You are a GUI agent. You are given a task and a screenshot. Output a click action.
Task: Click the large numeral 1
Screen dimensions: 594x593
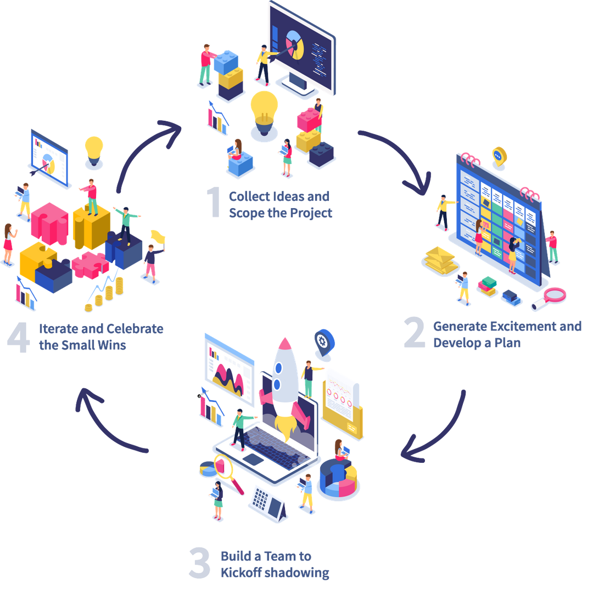click(x=214, y=203)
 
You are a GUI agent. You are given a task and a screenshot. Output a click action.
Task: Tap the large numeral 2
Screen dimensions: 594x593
click(x=414, y=333)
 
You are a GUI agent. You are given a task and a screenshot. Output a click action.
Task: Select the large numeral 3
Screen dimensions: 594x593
click(x=199, y=562)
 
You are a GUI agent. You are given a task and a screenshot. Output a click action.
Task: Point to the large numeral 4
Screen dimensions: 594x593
click(x=19, y=337)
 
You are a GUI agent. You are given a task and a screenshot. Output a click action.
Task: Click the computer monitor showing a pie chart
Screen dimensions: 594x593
click(x=302, y=49)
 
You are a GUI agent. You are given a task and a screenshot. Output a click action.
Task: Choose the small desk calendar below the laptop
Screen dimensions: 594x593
click(x=268, y=503)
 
